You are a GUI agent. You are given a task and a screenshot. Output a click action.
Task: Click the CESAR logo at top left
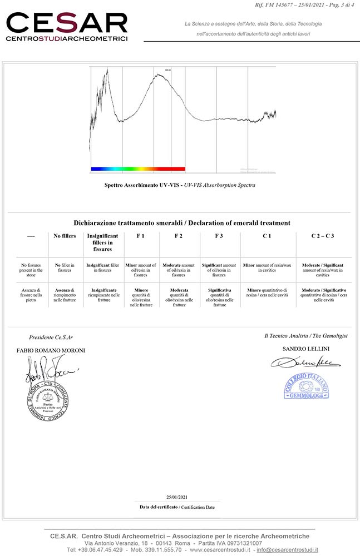click(x=67, y=26)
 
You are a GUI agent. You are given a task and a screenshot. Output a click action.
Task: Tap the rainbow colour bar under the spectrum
click(x=137, y=168)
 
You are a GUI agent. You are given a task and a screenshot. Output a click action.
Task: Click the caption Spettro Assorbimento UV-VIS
click(x=142, y=185)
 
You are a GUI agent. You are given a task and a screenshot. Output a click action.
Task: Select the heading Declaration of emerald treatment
click(x=181, y=223)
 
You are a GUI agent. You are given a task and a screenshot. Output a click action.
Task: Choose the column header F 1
click(x=140, y=236)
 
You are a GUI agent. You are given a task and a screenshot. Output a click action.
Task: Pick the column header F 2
click(x=178, y=236)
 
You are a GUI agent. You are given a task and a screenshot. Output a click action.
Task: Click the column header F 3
click(x=219, y=236)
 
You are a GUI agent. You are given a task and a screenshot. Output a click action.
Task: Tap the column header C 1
click(x=267, y=236)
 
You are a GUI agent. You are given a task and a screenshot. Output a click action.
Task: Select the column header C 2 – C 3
click(x=322, y=236)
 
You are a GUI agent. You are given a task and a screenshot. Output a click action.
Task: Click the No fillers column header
click(x=65, y=236)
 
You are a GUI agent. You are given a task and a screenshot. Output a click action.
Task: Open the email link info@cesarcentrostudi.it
click(x=287, y=550)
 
